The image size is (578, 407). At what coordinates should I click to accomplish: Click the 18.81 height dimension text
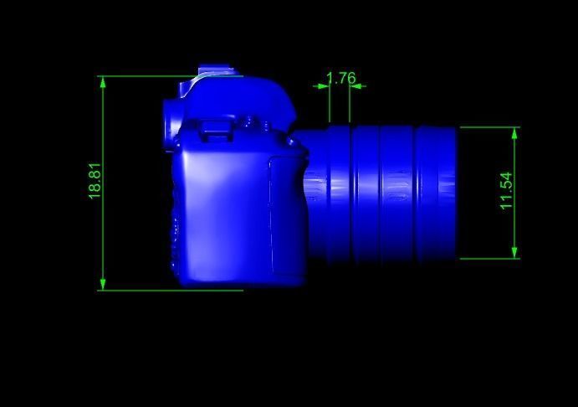point(95,181)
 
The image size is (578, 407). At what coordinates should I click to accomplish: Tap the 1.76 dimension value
point(340,79)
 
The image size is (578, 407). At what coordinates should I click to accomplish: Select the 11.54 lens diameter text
point(506,191)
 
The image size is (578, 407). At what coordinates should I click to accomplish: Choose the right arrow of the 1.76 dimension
point(357,85)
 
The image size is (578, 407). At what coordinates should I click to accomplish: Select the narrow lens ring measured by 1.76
point(339,193)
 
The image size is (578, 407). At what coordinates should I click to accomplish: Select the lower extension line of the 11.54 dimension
point(489,259)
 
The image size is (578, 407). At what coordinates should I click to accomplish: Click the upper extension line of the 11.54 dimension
point(489,127)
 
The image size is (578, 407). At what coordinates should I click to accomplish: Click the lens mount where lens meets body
point(315,193)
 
